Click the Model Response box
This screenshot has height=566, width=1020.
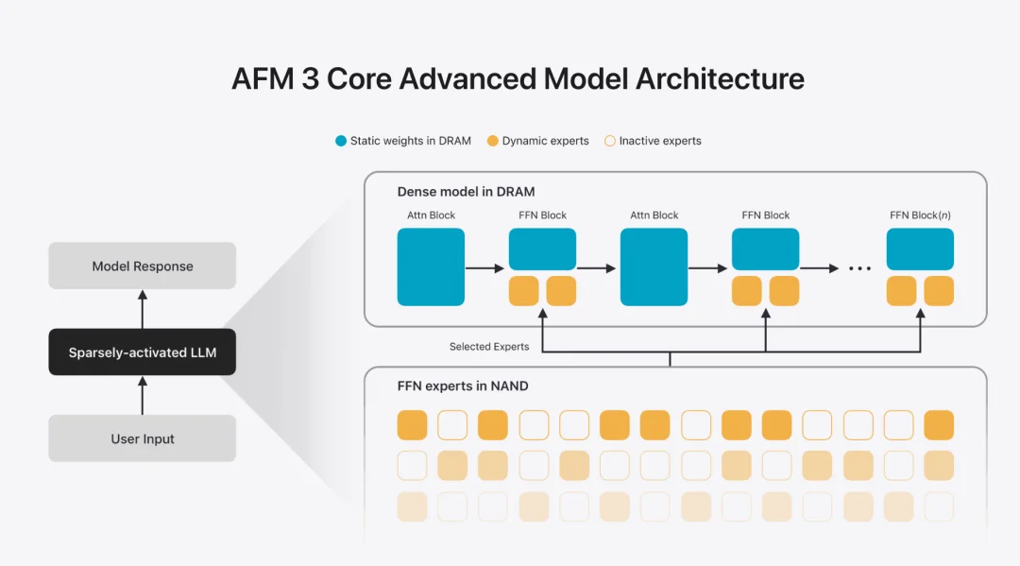coord(142,266)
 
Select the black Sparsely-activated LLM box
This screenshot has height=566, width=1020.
coord(142,352)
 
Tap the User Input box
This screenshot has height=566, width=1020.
coord(142,438)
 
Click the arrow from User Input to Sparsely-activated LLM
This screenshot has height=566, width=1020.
coord(143,396)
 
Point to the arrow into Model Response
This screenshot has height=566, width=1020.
coord(143,309)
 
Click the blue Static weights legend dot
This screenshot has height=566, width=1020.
coord(341,141)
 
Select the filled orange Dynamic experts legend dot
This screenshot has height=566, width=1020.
coord(493,141)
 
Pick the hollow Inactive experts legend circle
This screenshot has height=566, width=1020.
coord(609,141)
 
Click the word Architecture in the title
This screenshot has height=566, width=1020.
coord(720,78)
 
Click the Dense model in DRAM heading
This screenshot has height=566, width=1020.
coord(466,192)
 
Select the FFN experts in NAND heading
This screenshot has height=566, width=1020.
coord(463,386)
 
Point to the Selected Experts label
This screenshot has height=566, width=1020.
coord(489,347)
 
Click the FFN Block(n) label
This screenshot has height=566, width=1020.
coord(920,215)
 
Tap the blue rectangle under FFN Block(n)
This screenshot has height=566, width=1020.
coord(920,249)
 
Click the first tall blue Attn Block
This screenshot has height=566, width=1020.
coord(431,266)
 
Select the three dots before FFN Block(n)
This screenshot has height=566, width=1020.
coord(859,268)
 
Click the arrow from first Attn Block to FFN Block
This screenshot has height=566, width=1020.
coord(485,268)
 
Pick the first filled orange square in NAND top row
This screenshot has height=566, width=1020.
coord(412,425)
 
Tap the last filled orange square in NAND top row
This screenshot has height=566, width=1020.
coord(939,425)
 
